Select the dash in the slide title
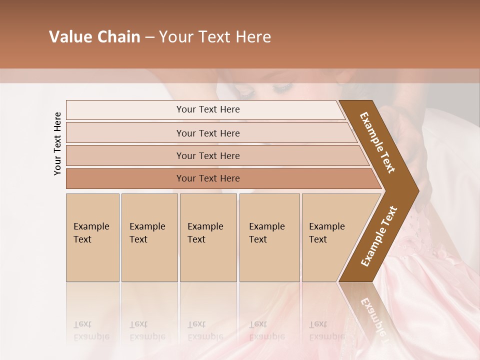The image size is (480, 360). [x=149, y=37]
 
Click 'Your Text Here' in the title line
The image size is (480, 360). [x=215, y=37]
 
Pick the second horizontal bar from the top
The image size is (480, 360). [x=207, y=133]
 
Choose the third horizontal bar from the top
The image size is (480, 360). [x=207, y=155]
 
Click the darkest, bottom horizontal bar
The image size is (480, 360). [x=207, y=178]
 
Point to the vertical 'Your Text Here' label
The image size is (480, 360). [x=57, y=143]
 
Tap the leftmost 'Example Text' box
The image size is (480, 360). [x=92, y=237]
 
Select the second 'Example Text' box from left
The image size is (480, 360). [x=149, y=237]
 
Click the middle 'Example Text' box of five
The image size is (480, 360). [x=208, y=237]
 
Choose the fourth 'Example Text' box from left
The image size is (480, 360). [x=269, y=237]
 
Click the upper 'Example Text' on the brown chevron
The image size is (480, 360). [x=377, y=142]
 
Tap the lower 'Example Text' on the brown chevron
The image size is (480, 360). [x=378, y=236]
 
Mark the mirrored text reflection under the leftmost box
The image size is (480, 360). [x=91, y=330]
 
